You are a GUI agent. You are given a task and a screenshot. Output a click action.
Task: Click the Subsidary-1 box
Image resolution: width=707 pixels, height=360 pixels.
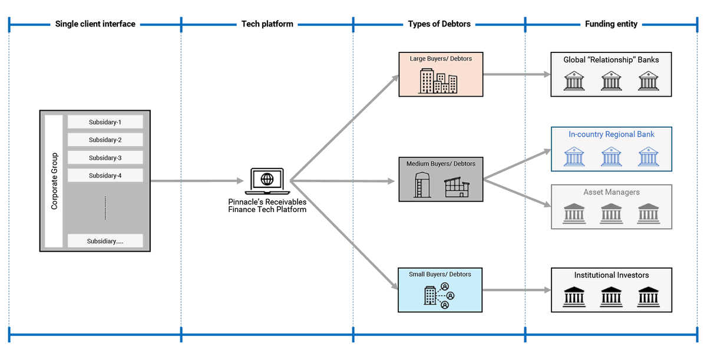(105, 122)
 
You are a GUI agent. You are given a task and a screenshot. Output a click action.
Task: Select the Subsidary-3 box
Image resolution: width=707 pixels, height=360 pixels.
(105, 158)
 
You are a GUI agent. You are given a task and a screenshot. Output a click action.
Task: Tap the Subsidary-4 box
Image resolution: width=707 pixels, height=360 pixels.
(105, 176)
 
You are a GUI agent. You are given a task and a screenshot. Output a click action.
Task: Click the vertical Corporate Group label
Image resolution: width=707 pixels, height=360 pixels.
(54, 181)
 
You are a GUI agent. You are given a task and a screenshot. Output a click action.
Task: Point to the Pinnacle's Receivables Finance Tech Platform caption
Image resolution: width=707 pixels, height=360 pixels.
(267, 206)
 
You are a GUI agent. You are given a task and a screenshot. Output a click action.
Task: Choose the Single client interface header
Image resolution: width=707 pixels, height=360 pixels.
(95, 24)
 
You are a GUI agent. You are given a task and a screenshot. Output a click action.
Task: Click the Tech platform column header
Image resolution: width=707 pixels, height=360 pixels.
(267, 24)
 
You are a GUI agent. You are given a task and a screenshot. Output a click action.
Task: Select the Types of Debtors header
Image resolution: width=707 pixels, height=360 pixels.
(439, 24)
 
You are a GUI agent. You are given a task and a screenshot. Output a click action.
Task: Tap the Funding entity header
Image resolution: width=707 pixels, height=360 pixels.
(611, 24)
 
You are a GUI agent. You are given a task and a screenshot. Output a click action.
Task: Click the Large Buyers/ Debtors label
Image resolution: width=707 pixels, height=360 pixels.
(441, 59)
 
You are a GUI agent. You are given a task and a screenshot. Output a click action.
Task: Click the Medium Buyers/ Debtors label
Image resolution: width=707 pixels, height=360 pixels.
(441, 163)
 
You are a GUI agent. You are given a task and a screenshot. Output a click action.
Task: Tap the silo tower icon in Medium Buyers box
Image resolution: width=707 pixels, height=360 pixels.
(421, 184)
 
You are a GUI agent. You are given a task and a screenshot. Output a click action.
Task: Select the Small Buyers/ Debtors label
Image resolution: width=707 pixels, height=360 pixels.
(440, 274)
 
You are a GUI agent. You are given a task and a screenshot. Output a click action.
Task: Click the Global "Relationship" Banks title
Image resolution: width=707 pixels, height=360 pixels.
(611, 60)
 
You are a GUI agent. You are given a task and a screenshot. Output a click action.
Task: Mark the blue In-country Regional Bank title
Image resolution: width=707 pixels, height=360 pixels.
(611, 134)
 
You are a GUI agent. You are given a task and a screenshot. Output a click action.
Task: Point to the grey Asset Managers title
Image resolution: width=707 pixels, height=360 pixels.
(611, 192)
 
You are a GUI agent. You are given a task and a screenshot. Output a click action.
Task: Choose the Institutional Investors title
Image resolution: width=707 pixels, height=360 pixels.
(611, 275)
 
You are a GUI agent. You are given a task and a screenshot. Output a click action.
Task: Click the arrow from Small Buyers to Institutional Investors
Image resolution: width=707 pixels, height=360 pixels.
(516, 290)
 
